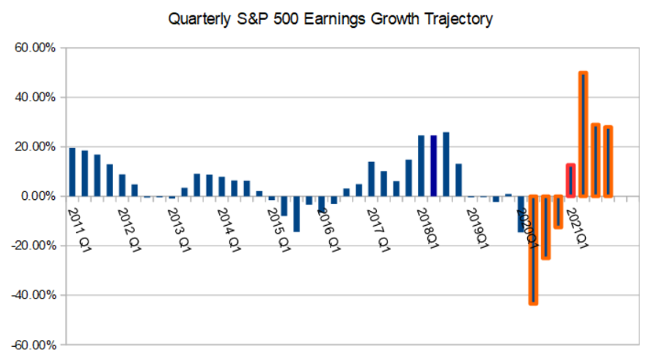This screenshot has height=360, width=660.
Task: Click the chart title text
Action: pyautogui.click(x=330, y=19)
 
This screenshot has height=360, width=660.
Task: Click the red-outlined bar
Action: pyautogui.click(x=571, y=180)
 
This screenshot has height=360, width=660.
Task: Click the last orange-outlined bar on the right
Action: pyautogui.click(x=608, y=161)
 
